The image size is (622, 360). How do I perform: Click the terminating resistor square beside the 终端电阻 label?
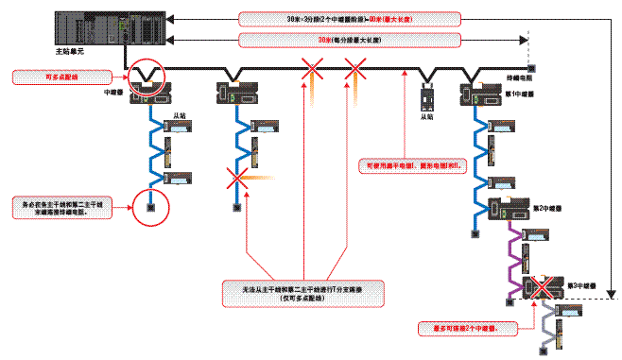click(532, 68)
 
